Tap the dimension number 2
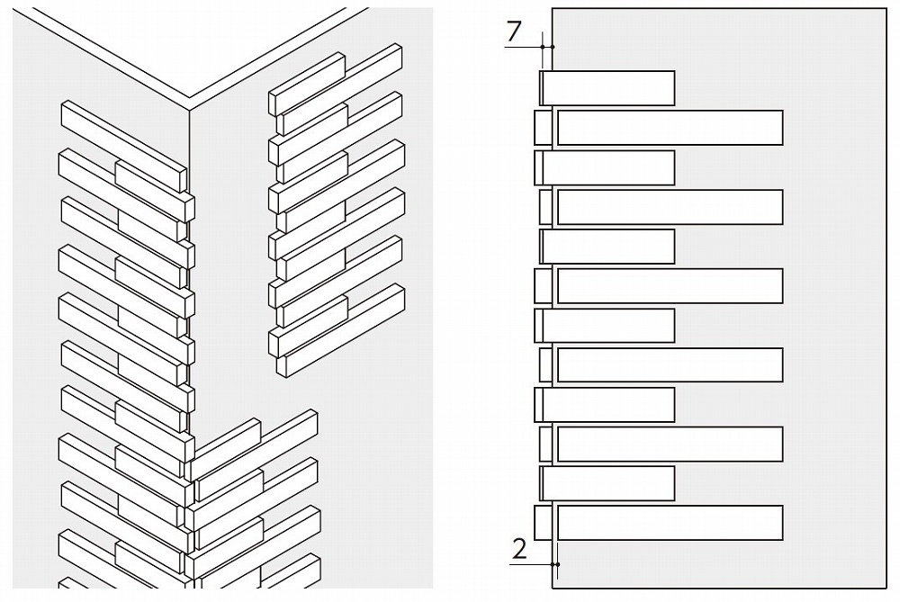[x=519, y=549]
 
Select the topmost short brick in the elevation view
[x=607, y=88]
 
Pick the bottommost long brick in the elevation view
[x=670, y=523]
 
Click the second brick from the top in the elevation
[x=670, y=128]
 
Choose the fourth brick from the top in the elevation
[x=670, y=207]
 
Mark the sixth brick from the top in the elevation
[x=670, y=286]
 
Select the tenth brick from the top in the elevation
[x=670, y=445]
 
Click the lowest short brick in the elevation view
[x=607, y=483]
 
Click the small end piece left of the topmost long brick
[x=543, y=128]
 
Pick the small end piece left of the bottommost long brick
[x=543, y=523]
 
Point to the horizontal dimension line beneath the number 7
[x=529, y=47]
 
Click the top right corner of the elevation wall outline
[x=886, y=8]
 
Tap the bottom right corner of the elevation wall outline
[x=886, y=588]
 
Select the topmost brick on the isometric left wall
[x=124, y=147]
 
